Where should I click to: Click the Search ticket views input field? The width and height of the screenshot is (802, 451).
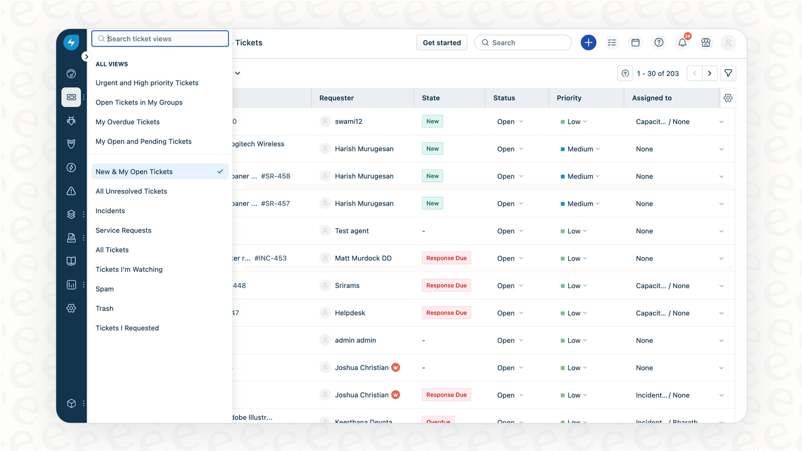[162, 39]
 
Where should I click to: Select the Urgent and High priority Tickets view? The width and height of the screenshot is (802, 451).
[147, 83]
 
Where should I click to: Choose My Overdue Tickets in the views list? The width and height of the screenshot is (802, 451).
[127, 122]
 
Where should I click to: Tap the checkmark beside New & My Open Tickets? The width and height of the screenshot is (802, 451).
[220, 172]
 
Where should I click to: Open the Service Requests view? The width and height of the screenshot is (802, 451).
[123, 231]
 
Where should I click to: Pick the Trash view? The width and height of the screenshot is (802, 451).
[105, 309]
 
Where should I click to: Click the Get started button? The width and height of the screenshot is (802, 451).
[442, 43]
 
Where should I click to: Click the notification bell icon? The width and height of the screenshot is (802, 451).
[682, 43]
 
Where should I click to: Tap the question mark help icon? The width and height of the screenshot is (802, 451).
[659, 43]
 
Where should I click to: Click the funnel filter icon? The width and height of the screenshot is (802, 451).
[728, 73]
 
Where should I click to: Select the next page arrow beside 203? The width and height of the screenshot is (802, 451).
[710, 73]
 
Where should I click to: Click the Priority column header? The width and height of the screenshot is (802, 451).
[569, 98]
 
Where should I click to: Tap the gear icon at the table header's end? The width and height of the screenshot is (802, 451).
[728, 98]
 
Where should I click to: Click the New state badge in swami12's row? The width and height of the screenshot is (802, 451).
[433, 122]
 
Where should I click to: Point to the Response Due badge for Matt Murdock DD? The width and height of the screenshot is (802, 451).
[446, 258]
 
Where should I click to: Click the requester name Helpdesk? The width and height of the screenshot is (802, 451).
[350, 313]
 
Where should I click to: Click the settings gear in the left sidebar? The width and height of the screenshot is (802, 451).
[71, 308]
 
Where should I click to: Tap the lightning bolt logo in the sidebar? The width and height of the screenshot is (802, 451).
[71, 42]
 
